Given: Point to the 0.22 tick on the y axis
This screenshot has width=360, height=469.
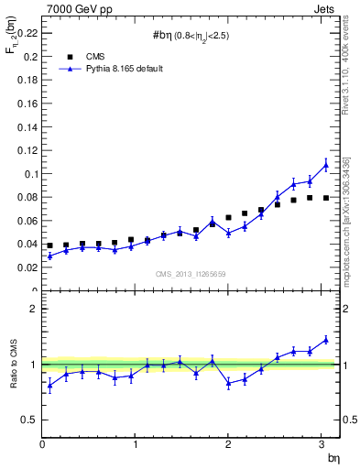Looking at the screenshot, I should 27,32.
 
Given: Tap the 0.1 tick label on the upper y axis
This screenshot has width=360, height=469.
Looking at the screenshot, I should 30,173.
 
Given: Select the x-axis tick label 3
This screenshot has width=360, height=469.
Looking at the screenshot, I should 322,445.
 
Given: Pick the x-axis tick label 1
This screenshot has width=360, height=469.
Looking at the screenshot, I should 136,445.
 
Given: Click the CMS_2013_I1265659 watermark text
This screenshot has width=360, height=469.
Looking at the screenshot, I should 191,274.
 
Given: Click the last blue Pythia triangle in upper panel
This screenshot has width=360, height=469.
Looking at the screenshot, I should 325,165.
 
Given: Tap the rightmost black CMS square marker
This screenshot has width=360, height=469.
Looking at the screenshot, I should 325,197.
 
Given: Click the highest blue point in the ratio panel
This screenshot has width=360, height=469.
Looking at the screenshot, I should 325,339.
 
